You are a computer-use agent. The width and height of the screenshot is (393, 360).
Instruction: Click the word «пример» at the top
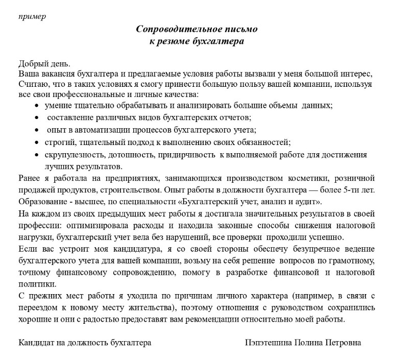(32, 16)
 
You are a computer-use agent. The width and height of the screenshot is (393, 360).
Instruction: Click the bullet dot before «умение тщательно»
(37, 105)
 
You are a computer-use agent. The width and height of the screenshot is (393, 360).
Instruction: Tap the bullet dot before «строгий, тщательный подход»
(37, 142)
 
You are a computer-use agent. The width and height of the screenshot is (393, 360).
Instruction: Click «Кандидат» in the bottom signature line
(36, 343)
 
